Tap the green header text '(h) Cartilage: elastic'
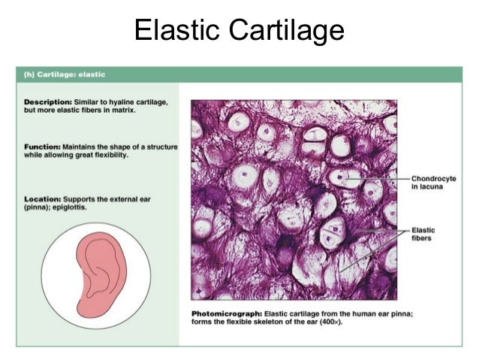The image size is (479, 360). [61, 75]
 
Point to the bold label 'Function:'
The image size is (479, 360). [41, 148]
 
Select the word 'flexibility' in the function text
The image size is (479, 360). [128, 156]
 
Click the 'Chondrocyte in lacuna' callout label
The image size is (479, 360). [429, 183]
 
